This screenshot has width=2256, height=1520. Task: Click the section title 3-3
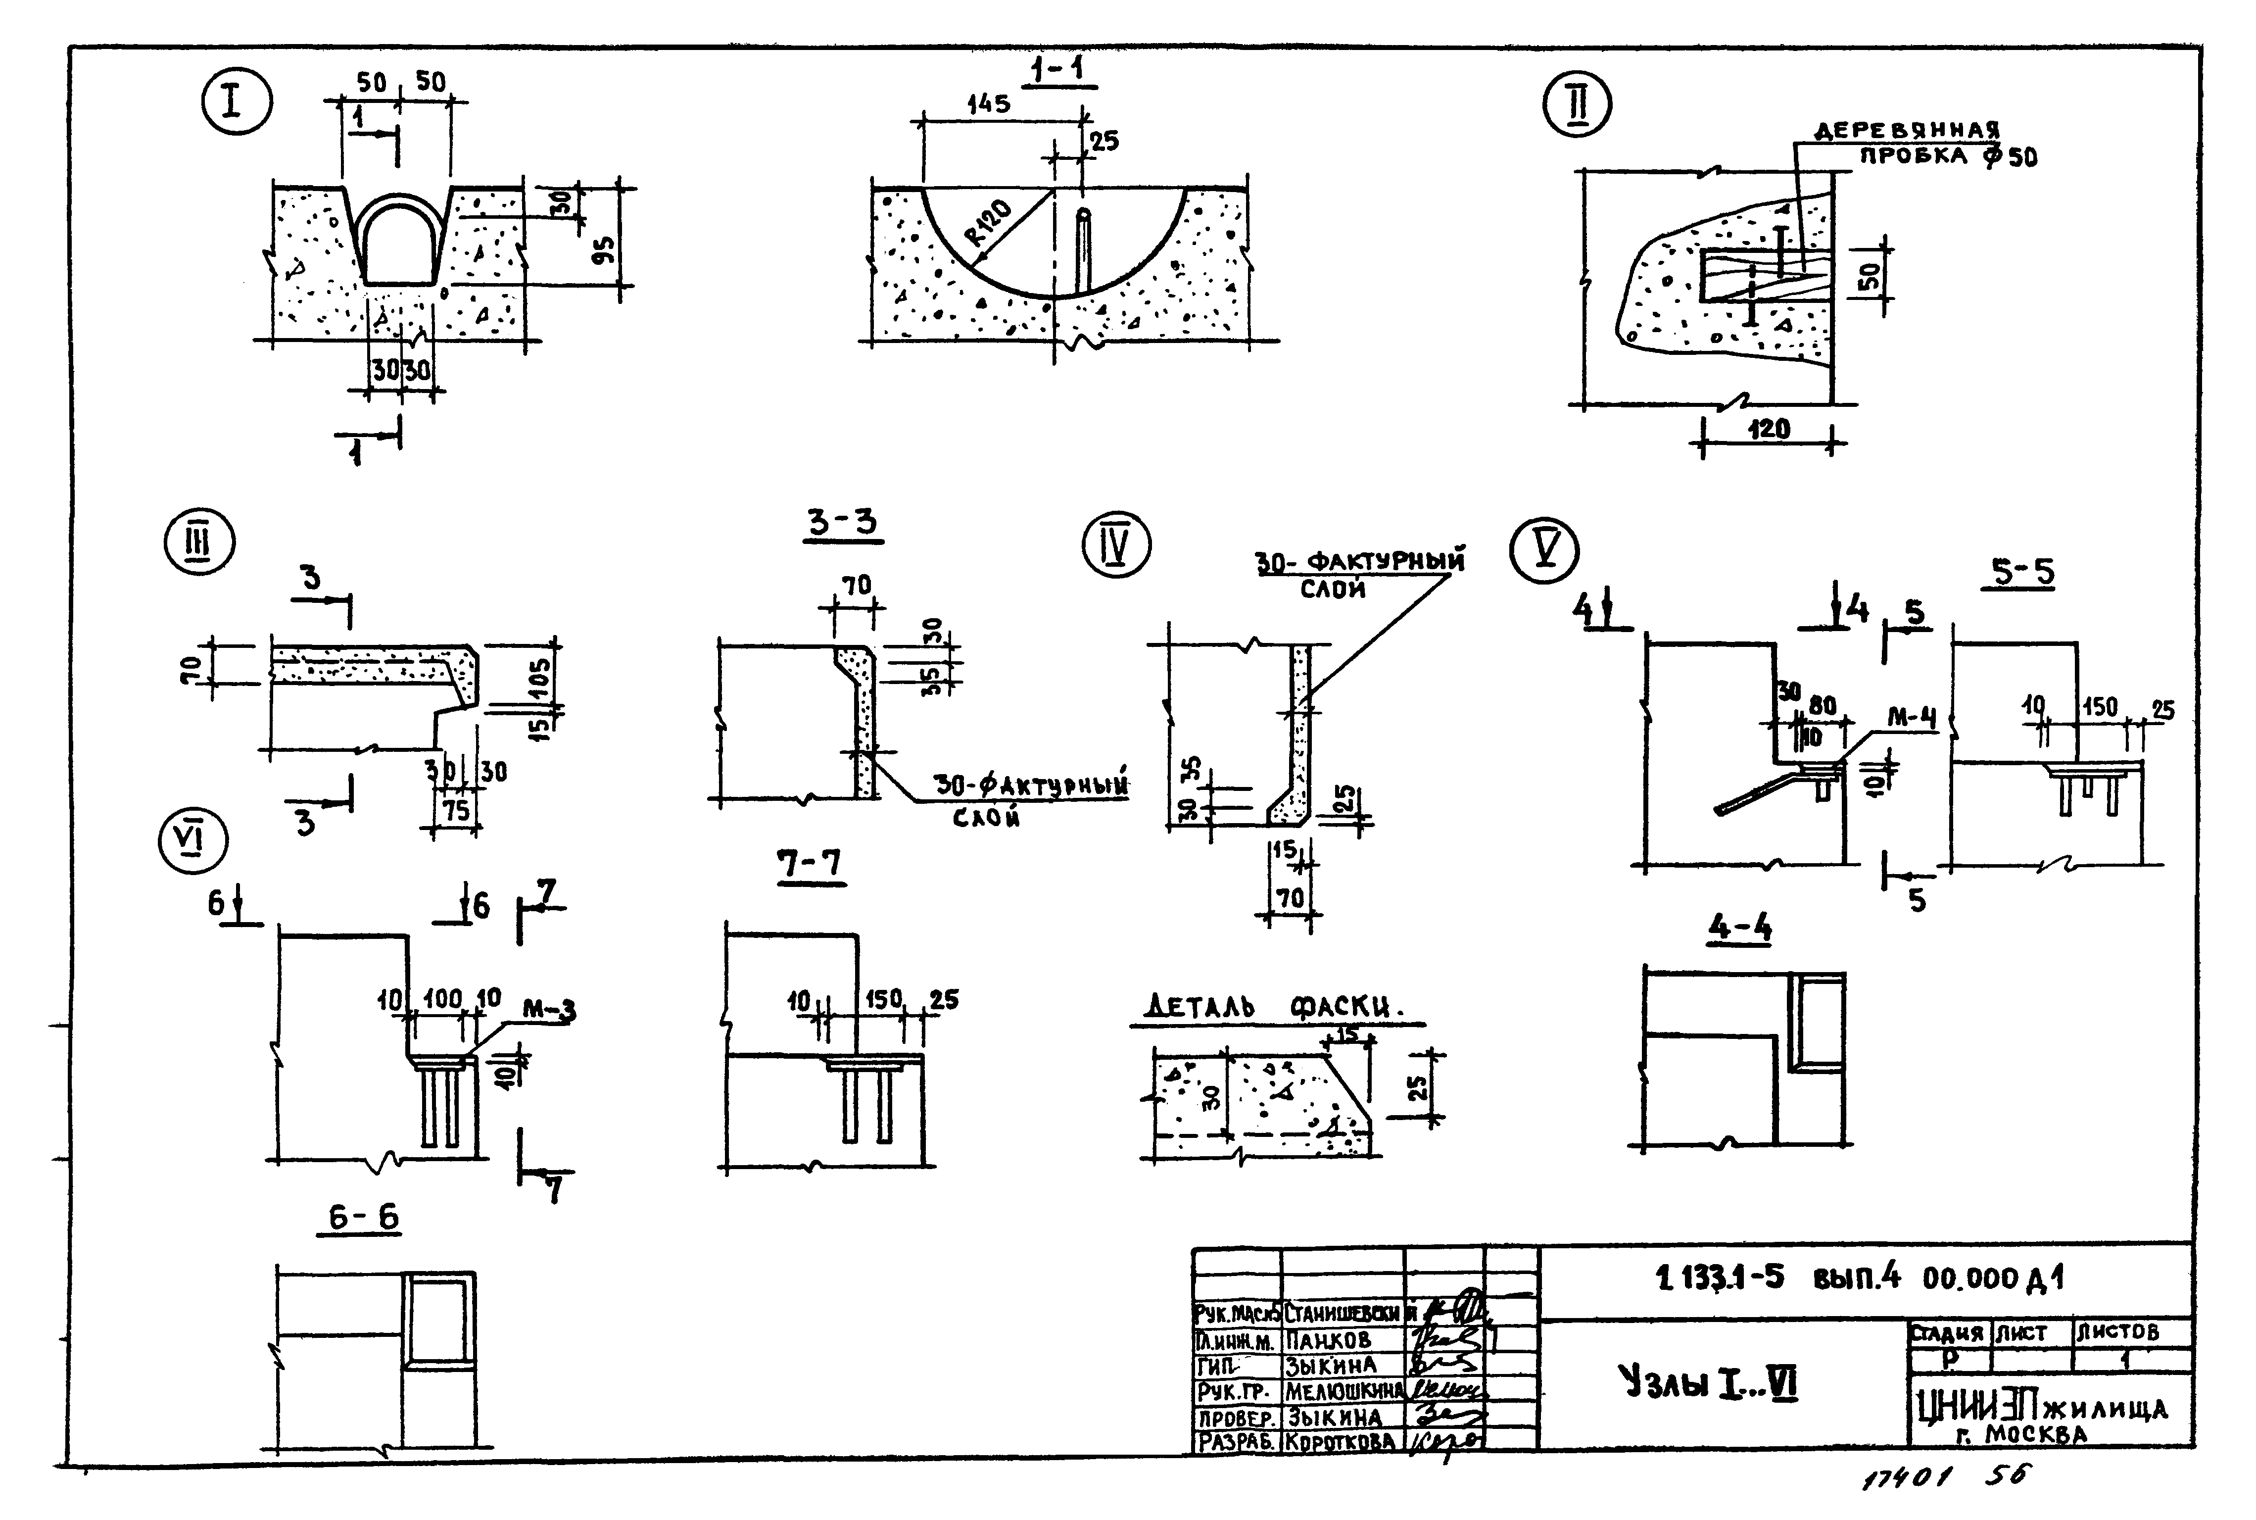[842, 524]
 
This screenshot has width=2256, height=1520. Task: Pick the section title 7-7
[809, 863]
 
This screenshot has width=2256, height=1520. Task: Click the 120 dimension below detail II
[1769, 429]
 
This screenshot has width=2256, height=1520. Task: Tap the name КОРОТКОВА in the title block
[1340, 1441]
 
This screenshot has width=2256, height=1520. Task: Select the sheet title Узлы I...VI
[1709, 1381]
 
